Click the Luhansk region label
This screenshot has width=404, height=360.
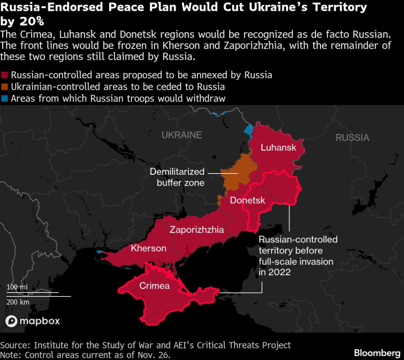(x=278, y=148)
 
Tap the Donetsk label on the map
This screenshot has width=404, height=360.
(x=247, y=200)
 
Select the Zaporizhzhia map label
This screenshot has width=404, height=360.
(x=197, y=230)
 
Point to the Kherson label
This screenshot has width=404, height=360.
(x=148, y=249)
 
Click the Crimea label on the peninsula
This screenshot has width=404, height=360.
(x=155, y=286)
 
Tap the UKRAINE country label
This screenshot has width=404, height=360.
(x=182, y=135)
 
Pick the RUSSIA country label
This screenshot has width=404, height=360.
(x=352, y=138)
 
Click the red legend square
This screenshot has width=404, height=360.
(x=5, y=75)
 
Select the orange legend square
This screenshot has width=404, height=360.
(x=5, y=87)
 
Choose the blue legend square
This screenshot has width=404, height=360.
(x=5, y=98)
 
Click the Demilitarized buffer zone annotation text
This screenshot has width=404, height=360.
(x=177, y=177)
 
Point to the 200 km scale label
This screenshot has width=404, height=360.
(x=18, y=302)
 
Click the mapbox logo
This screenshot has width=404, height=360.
(x=33, y=321)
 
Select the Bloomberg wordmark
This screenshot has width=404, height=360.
(x=377, y=352)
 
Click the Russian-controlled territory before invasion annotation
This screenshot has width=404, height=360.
(x=298, y=256)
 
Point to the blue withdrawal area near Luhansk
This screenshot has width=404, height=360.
(x=248, y=131)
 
